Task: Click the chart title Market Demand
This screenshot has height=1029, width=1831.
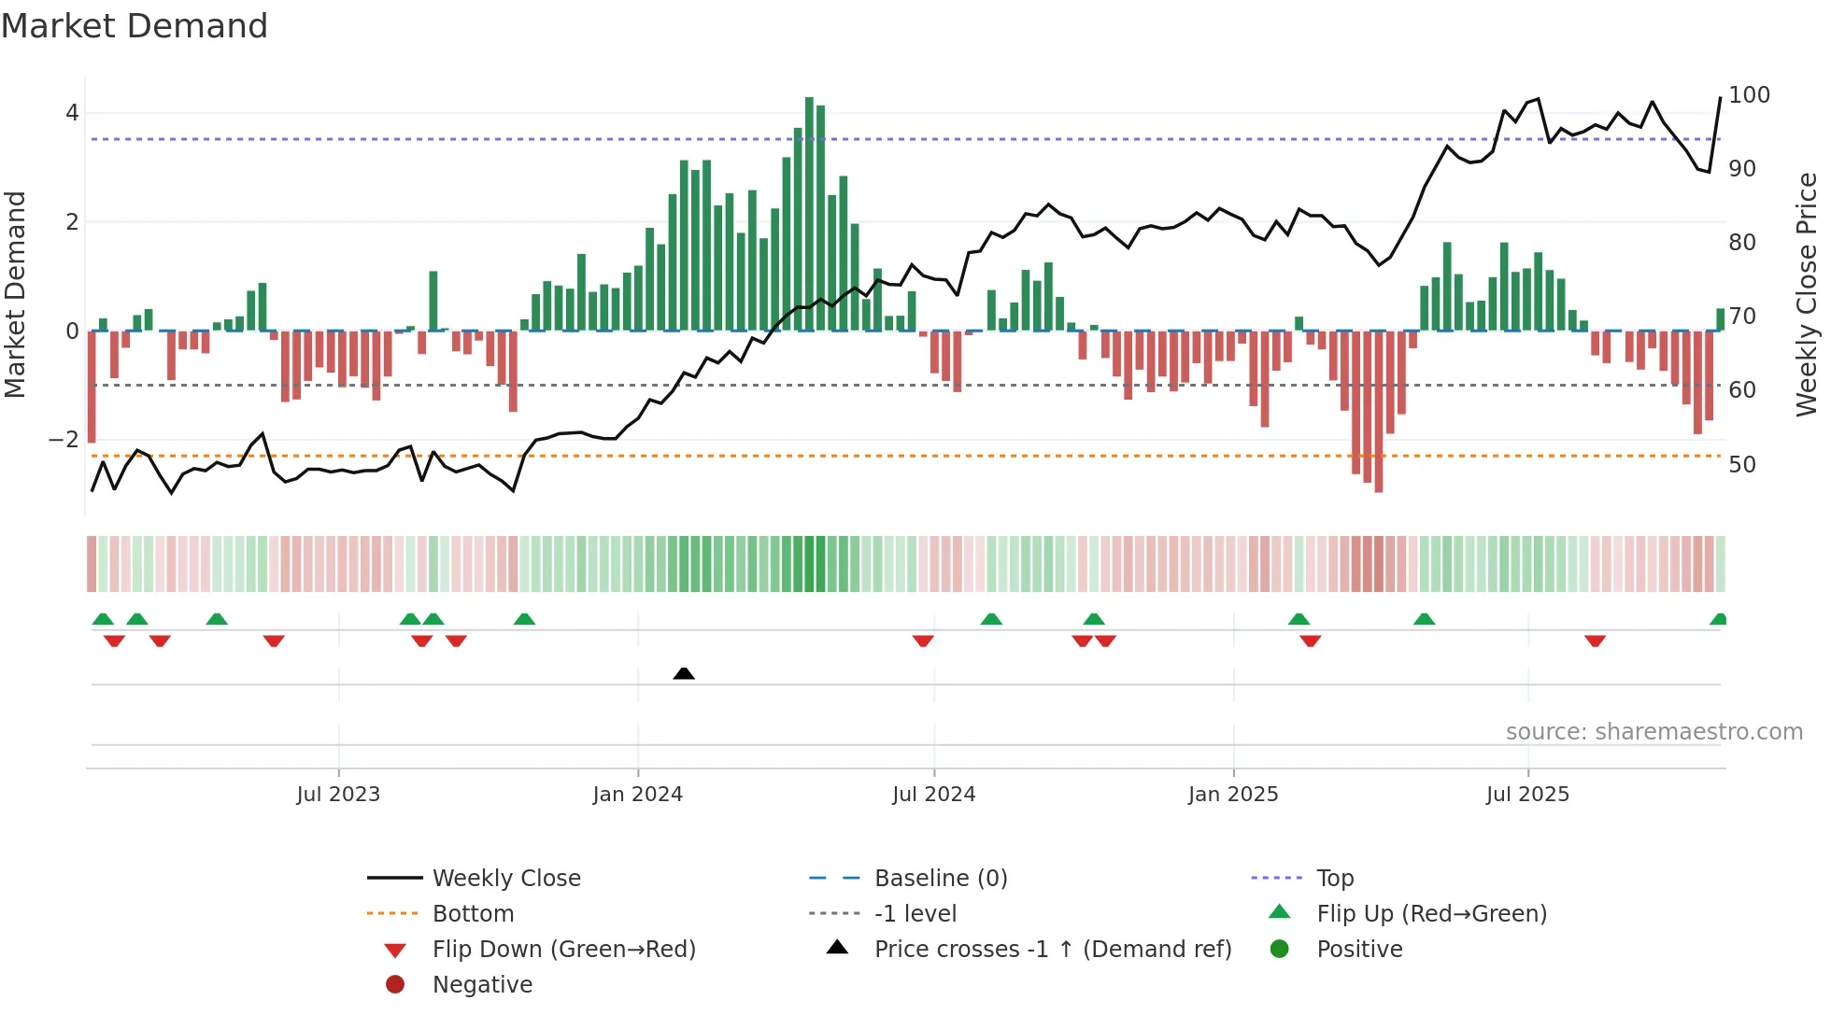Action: (135, 26)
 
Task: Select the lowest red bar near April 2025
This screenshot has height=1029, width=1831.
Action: (1378, 411)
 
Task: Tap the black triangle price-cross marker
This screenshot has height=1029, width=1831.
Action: (684, 673)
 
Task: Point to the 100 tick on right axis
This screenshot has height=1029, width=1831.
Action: (1749, 95)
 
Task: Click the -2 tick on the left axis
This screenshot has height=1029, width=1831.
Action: (64, 440)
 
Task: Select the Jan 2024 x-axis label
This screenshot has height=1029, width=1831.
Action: (637, 795)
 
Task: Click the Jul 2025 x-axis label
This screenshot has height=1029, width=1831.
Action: (1527, 795)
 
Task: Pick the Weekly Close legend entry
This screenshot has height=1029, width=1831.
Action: (505, 879)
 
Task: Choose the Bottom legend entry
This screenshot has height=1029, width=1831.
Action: (473, 914)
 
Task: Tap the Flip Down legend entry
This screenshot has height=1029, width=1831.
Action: (563, 950)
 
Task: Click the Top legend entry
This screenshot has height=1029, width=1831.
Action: (1334, 879)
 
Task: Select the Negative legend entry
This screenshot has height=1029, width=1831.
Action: (482, 985)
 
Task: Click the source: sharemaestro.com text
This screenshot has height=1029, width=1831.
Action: (1654, 732)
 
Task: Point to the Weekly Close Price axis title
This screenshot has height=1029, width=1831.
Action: (1807, 294)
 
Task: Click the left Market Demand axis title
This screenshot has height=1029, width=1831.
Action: (15, 294)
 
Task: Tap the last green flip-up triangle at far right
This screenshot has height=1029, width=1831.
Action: (1718, 619)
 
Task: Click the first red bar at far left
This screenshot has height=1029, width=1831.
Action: (92, 387)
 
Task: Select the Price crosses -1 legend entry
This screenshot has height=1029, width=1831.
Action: (1052, 950)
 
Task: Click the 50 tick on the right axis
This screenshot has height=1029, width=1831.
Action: (1741, 465)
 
